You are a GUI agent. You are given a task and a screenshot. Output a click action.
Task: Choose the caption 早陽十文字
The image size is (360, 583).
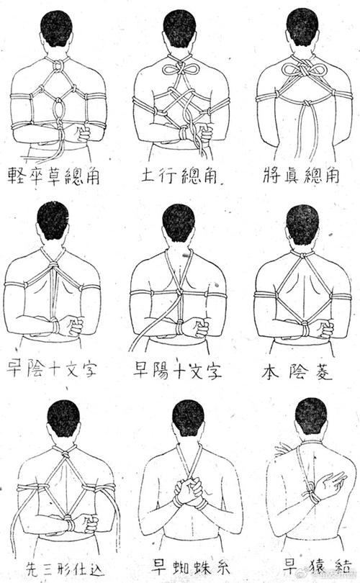[177, 370]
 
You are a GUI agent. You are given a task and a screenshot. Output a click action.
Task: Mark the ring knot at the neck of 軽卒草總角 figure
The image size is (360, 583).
[57, 66]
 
